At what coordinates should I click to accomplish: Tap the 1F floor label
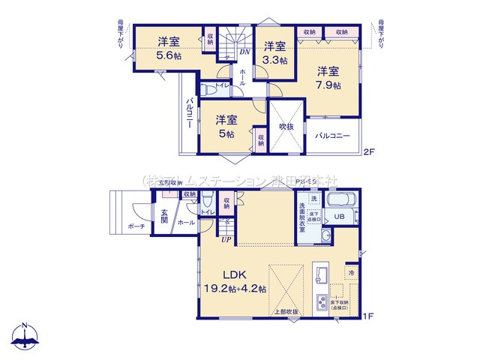(x=367, y=317)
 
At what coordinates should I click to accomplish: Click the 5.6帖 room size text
(x=170, y=55)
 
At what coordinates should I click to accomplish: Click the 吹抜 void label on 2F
(x=286, y=127)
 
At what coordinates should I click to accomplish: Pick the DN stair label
(x=244, y=52)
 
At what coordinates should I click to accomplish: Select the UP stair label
(x=225, y=240)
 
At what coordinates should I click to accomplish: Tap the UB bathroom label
(x=339, y=217)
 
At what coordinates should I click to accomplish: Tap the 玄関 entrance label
(x=163, y=216)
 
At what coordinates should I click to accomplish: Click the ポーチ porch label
(x=136, y=226)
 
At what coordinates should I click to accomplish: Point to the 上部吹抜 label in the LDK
(x=286, y=312)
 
